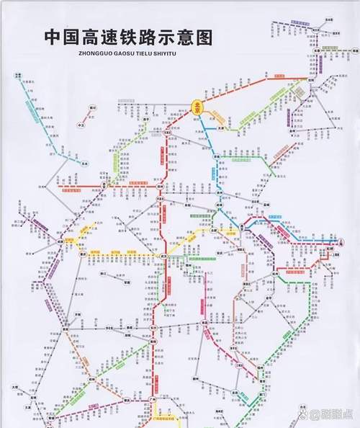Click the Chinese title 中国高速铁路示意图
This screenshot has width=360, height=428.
pyautogui.click(x=129, y=36)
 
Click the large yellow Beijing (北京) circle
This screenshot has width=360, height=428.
pyautogui.click(x=197, y=106)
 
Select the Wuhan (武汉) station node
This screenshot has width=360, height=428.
pyautogui.click(x=166, y=255)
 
